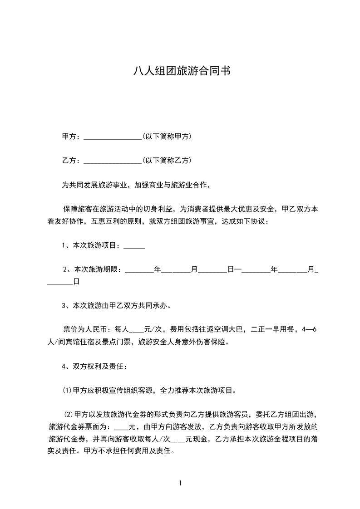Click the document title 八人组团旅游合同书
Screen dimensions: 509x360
(x=180, y=71)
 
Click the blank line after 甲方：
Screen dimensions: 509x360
(x=113, y=137)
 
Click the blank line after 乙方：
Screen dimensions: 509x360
(x=113, y=161)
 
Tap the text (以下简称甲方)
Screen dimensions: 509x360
(x=167, y=136)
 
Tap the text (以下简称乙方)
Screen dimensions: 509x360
(x=167, y=160)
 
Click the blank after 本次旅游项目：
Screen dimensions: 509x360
(x=134, y=246)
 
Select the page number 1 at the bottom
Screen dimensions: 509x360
(x=180, y=483)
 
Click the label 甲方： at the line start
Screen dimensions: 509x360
(x=71, y=136)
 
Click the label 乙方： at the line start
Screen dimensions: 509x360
(x=71, y=160)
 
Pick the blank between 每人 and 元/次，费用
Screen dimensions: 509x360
(x=137, y=330)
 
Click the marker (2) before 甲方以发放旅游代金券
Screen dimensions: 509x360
(x=68, y=414)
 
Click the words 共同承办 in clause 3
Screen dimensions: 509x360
(x=154, y=305)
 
